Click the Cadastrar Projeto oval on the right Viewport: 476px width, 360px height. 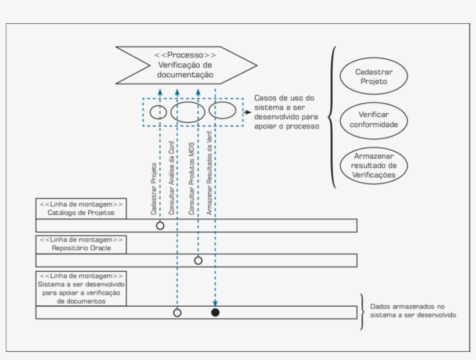[372, 77]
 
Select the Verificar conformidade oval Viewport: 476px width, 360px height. [373, 120]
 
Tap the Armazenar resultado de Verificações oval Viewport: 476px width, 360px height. [373, 164]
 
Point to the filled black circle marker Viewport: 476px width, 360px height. [215, 312]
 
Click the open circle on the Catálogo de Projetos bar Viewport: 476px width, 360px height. [160, 225]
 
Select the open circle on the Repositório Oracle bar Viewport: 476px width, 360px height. [198, 260]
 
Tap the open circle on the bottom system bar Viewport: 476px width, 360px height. [178, 312]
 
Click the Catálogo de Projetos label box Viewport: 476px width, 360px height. [81, 209]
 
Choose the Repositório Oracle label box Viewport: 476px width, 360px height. [81, 244]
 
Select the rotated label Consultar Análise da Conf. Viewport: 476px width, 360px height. [171, 177]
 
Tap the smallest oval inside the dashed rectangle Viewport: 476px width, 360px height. [158, 111]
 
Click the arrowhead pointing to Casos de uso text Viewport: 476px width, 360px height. [249, 112]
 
